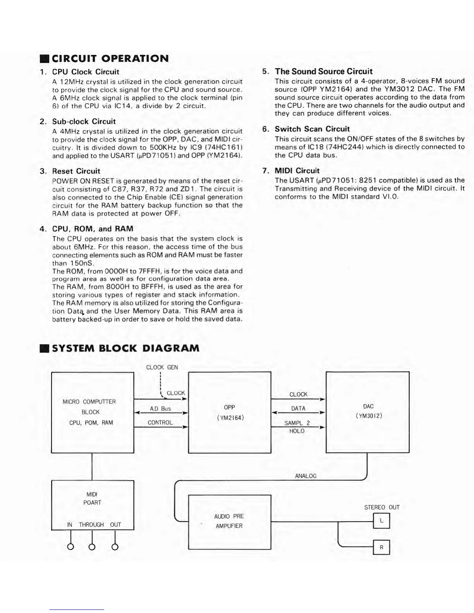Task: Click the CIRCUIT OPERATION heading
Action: tap(110, 59)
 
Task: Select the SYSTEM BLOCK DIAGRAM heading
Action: tap(125, 348)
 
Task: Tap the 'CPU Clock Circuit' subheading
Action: tap(86, 72)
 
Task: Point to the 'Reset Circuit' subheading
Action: tap(76, 171)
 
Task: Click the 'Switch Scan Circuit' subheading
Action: tap(312, 129)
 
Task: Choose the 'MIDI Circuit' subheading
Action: tap(297, 171)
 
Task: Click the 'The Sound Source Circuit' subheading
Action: tap(323, 72)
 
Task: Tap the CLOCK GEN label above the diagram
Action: tap(162, 367)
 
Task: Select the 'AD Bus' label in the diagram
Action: tap(160, 409)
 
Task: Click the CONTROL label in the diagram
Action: tap(160, 423)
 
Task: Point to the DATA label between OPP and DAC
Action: tap(298, 409)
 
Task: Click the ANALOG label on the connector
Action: tap(306, 476)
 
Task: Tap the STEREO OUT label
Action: tap(381, 507)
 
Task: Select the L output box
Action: tap(381, 521)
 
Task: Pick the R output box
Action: tap(381, 547)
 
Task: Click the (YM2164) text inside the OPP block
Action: tap(230, 418)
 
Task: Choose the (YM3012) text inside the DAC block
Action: tap(368, 416)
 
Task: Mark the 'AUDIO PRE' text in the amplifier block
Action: tap(229, 517)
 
